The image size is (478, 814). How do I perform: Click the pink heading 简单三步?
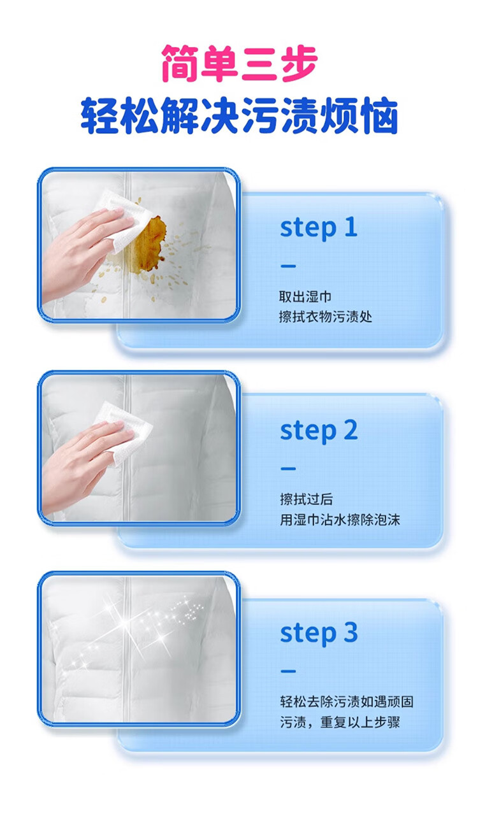pyautogui.click(x=239, y=64)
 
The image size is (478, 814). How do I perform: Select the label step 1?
pyautogui.click(x=319, y=228)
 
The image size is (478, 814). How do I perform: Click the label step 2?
pyautogui.click(x=319, y=431)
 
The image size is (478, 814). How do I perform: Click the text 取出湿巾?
pyautogui.click(x=305, y=297)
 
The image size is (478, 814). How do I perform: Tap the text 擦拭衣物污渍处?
pyautogui.click(x=326, y=317)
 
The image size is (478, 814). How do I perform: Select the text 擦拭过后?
pyautogui.click(x=306, y=499)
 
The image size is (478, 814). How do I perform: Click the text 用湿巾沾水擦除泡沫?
pyautogui.click(x=340, y=519)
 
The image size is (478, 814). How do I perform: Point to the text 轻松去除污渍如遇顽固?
pyautogui.click(x=347, y=702)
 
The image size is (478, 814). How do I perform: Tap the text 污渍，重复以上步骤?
pyautogui.click(x=340, y=722)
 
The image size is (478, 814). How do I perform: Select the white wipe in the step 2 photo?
pyautogui.click(x=126, y=432)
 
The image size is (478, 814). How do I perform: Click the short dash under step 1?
pyautogui.click(x=288, y=266)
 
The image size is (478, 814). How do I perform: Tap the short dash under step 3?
pyautogui.click(x=288, y=671)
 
